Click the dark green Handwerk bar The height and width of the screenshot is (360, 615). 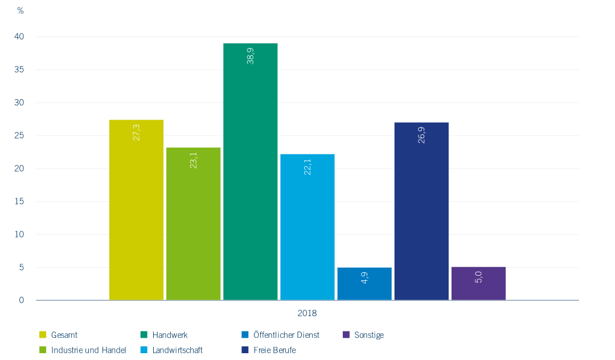click(x=250, y=171)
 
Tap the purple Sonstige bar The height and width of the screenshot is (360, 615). click(x=478, y=283)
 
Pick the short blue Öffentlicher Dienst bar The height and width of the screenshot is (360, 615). click(x=364, y=283)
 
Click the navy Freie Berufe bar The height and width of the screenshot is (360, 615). click(x=421, y=211)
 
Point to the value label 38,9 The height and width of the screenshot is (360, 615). click(x=250, y=56)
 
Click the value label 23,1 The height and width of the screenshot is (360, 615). click(x=193, y=160)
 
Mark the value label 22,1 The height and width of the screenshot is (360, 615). click(x=307, y=166)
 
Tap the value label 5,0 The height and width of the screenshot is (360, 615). click(x=478, y=277)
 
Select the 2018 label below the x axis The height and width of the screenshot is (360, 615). click(x=307, y=313)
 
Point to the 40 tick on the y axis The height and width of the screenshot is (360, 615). click(x=20, y=37)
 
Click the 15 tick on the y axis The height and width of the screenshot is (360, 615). click(x=20, y=202)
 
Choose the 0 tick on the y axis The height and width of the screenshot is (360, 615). click(x=22, y=300)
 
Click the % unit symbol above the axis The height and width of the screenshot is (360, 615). click(x=20, y=11)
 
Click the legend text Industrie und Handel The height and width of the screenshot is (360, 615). click(x=88, y=350)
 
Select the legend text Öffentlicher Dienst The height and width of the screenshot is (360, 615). click(x=286, y=335)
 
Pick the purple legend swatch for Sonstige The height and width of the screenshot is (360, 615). click(x=346, y=335)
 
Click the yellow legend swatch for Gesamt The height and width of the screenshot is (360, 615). click(x=43, y=335)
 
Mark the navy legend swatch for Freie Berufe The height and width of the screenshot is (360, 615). click(x=245, y=350)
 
